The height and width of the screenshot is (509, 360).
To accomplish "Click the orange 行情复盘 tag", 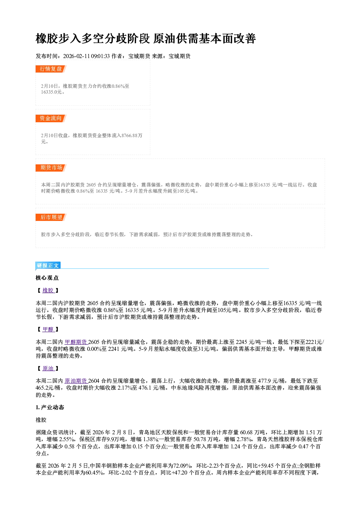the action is pyautogui.click(x=51, y=69).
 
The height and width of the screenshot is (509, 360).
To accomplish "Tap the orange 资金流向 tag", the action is pyautogui.click(x=51, y=118).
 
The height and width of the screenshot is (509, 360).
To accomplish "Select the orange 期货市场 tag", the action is pyautogui.click(x=51, y=168).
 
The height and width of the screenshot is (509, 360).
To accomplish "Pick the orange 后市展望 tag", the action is pyautogui.click(x=51, y=217).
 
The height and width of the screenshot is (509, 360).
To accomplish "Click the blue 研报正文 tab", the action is pyautogui.click(x=48, y=266).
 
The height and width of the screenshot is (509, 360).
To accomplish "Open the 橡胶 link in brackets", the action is pyautogui.click(x=48, y=290).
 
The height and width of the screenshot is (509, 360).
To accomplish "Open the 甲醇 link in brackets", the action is pyautogui.click(x=48, y=329).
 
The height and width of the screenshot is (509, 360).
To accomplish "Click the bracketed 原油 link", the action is pyautogui.click(x=48, y=369).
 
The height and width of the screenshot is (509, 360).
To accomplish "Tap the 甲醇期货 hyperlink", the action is pyautogui.click(x=76, y=342).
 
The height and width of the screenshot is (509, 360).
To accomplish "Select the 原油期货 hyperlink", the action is pyautogui.click(x=76, y=381).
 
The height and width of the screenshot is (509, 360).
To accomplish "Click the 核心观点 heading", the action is pyautogui.click(x=47, y=278).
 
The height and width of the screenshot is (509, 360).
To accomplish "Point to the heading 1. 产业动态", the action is pyautogui.click(x=50, y=407).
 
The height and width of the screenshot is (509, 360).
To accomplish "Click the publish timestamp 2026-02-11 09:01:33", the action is pyautogui.click(x=86, y=56).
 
